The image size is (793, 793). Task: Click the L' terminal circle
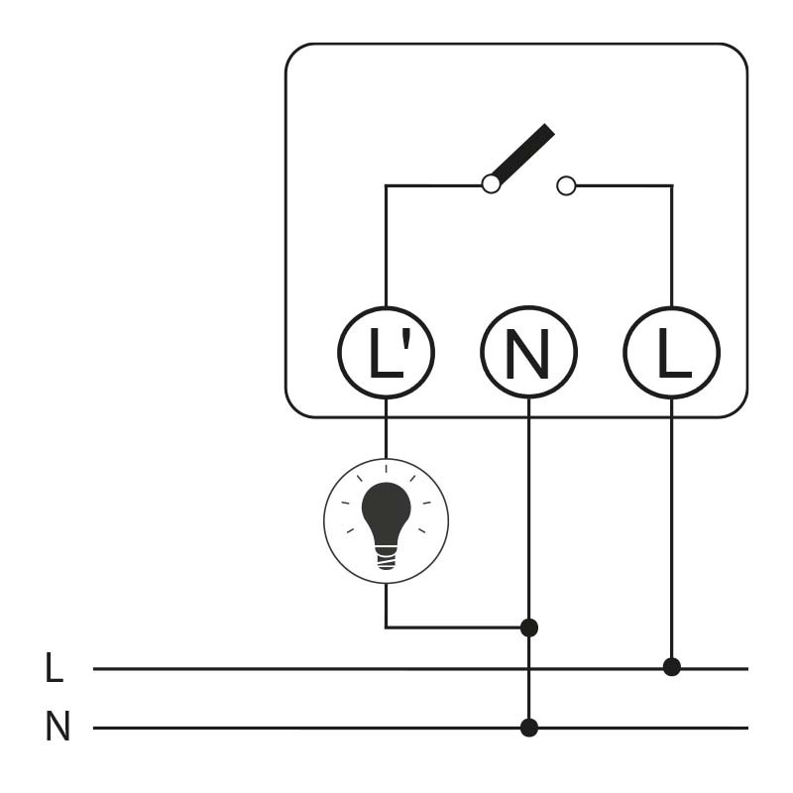click(x=386, y=353)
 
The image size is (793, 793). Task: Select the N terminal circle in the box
click(x=528, y=353)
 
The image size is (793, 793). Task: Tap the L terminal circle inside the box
click(x=671, y=353)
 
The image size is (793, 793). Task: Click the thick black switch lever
click(x=522, y=154)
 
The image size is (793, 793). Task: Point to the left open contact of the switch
click(x=491, y=184)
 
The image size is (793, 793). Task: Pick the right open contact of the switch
click(x=566, y=185)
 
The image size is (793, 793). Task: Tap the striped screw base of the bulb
click(x=386, y=557)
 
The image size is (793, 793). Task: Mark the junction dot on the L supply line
click(x=671, y=667)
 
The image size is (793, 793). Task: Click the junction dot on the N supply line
click(x=528, y=728)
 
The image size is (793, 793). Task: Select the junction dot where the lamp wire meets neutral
click(x=528, y=627)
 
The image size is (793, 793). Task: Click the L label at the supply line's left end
click(x=55, y=668)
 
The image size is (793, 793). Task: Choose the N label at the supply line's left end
click(x=57, y=729)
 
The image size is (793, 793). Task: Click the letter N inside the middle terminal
click(x=528, y=354)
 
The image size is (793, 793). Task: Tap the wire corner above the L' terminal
click(x=386, y=185)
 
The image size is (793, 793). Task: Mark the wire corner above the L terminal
click(x=671, y=185)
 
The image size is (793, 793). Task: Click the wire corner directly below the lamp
click(x=386, y=626)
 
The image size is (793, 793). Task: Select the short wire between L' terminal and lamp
click(x=386, y=428)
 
